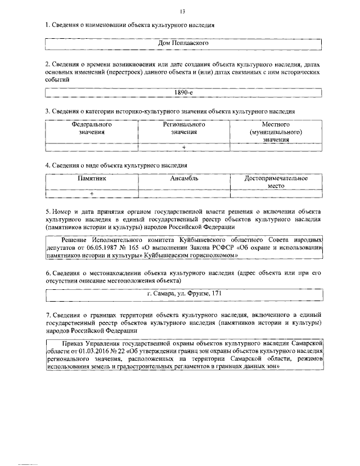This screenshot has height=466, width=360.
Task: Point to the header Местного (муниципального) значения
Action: (276, 132)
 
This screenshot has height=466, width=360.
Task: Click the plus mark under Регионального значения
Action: (184, 147)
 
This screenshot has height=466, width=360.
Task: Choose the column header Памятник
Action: (91, 178)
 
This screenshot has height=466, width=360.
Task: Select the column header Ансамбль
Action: (184, 178)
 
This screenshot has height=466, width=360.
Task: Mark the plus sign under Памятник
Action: (91, 194)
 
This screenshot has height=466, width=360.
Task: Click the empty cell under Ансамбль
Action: (184, 194)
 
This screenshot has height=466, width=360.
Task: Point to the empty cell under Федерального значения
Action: (91, 147)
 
